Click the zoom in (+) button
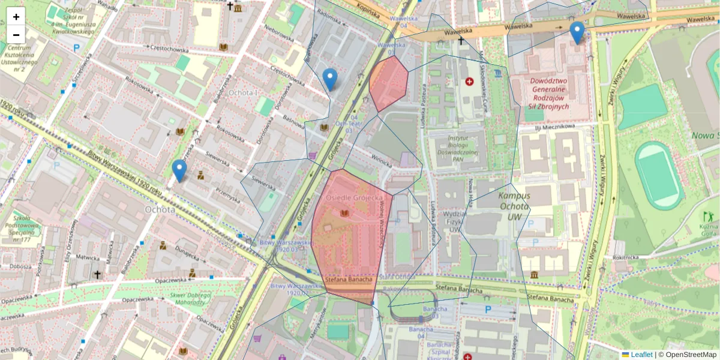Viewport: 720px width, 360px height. pos(16,17)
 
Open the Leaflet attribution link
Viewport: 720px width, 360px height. pos(641,355)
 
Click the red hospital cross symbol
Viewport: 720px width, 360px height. pos(469,81)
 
